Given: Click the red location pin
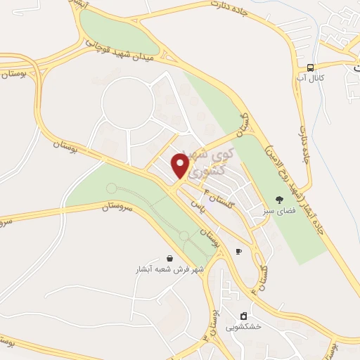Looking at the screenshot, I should coord(181,166).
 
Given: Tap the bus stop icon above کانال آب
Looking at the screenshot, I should coord(310,67).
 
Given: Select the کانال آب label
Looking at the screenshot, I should coord(310,77).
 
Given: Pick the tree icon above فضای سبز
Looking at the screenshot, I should coord(279,199).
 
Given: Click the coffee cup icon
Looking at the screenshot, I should coord(238,251).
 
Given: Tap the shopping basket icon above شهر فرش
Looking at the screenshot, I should coord(169,258).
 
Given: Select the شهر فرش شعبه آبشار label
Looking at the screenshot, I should coord(170,269).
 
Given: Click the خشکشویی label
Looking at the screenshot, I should coord(243,326).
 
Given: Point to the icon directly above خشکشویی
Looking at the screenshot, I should coord(243,316).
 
